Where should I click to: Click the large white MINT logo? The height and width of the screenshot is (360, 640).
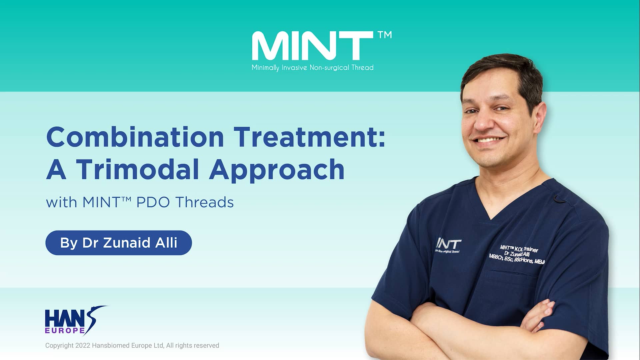(x=312, y=46)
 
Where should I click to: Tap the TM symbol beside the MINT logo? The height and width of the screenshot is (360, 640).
(x=385, y=35)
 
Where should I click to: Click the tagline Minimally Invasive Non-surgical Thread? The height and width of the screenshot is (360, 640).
(x=312, y=68)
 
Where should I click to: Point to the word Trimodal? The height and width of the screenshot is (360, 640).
(x=138, y=169)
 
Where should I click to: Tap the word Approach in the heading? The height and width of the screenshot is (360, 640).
(x=277, y=170)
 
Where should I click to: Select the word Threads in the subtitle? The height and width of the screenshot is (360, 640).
(x=204, y=202)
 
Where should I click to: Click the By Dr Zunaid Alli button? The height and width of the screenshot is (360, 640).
(x=118, y=243)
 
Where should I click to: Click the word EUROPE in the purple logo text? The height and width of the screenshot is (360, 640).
(x=65, y=330)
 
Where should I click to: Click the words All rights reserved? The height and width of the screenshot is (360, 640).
(x=193, y=346)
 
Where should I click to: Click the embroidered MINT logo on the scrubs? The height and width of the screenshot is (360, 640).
(x=449, y=245)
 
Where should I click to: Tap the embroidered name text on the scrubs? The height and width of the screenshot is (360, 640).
(x=516, y=255)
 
